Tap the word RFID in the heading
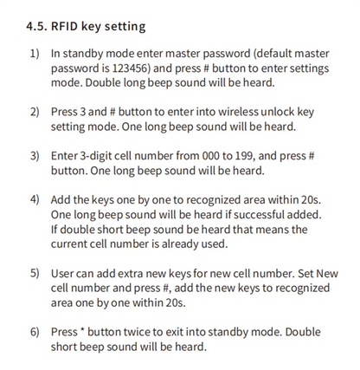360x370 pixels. point(73,27)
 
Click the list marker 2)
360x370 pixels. point(35,114)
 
